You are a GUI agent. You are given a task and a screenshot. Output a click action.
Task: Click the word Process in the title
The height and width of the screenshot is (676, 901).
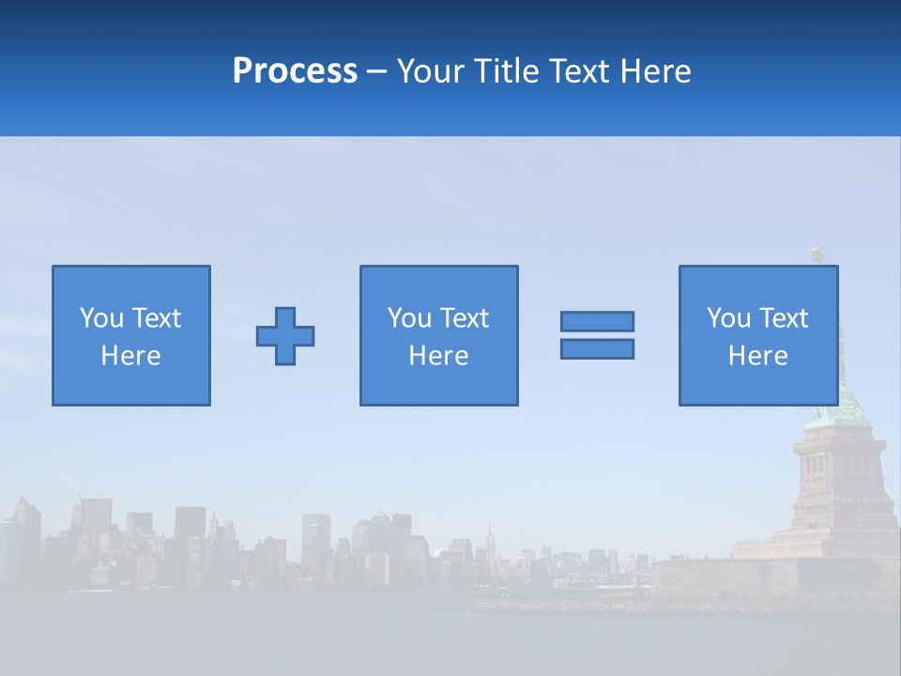click(x=295, y=71)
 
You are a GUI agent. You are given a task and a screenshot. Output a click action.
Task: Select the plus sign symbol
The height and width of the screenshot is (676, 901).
click(x=285, y=336)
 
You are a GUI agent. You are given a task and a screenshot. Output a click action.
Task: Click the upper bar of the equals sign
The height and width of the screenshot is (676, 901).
click(x=597, y=321)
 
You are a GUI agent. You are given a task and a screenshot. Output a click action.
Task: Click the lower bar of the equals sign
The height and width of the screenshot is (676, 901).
click(x=597, y=349)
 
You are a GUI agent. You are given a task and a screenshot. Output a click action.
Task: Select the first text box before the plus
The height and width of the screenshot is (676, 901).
click(x=131, y=335)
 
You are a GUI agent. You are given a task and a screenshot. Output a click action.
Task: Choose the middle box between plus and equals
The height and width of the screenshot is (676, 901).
click(x=438, y=335)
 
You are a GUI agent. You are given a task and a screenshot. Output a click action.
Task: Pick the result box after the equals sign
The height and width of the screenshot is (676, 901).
click(x=758, y=335)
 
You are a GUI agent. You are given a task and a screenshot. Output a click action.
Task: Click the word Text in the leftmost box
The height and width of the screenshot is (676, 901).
click(x=156, y=318)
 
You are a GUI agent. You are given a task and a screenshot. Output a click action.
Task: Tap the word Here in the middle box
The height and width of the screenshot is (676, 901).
click(x=438, y=356)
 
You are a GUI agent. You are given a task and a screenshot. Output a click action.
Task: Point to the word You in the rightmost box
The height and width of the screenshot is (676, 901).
click(x=728, y=318)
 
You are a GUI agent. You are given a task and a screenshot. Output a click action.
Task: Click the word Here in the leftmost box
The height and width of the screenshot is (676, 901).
click(x=131, y=356)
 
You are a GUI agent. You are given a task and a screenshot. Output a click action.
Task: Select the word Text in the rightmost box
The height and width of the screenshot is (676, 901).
click(x=784, y=318)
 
